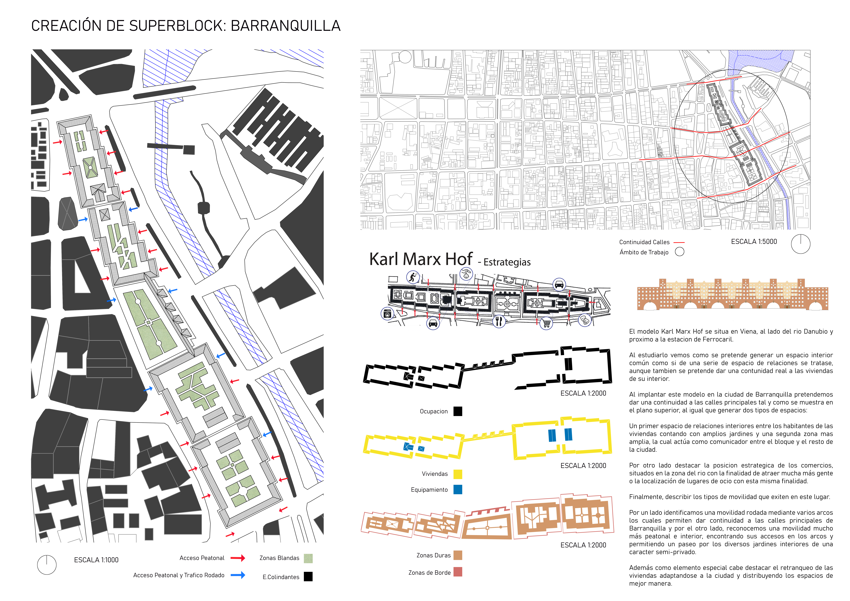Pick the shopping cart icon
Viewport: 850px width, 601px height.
[546, 323]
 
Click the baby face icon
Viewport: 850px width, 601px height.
[466, 274]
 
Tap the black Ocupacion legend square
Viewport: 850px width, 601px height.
[458, 411]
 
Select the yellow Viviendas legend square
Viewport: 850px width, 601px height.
[458, 474]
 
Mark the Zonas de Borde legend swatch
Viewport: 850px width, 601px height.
[458, 572]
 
